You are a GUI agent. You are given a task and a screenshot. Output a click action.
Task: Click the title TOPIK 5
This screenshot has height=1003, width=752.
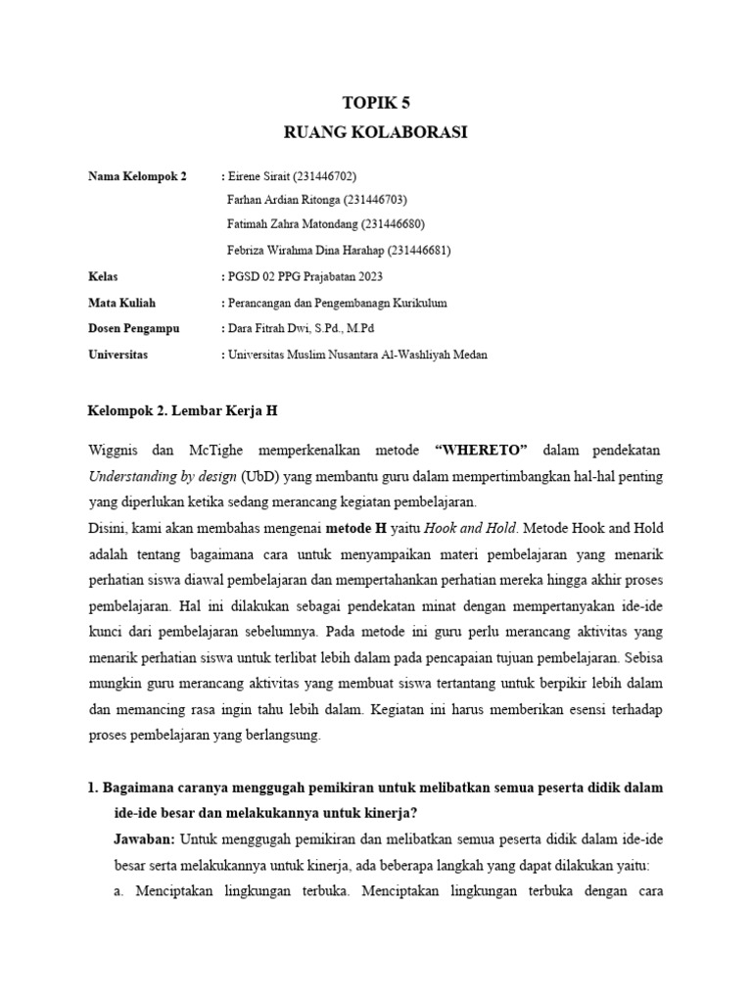pos(375,102)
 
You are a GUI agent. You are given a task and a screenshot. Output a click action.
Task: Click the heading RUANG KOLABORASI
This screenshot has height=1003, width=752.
pos(375,132)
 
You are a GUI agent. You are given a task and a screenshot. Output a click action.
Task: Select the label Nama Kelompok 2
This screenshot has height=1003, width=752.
pos(137,176)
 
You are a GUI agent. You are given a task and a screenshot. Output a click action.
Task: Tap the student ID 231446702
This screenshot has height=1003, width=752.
pos(324,176)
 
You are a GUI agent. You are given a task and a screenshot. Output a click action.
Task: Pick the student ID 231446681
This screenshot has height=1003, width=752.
pos(418,250)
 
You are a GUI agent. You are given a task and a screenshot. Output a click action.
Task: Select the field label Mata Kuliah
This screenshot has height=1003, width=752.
pos(121,303)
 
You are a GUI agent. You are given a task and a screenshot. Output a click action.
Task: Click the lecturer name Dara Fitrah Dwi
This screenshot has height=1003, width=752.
pos(265,328)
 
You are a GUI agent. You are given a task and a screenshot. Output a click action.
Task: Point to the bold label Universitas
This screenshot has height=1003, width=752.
pos(117,355)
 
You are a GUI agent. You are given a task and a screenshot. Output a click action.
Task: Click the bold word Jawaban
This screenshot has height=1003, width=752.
pos(145,840)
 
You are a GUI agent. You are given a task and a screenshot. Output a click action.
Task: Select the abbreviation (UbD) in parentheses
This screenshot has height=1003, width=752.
pos(257,476)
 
